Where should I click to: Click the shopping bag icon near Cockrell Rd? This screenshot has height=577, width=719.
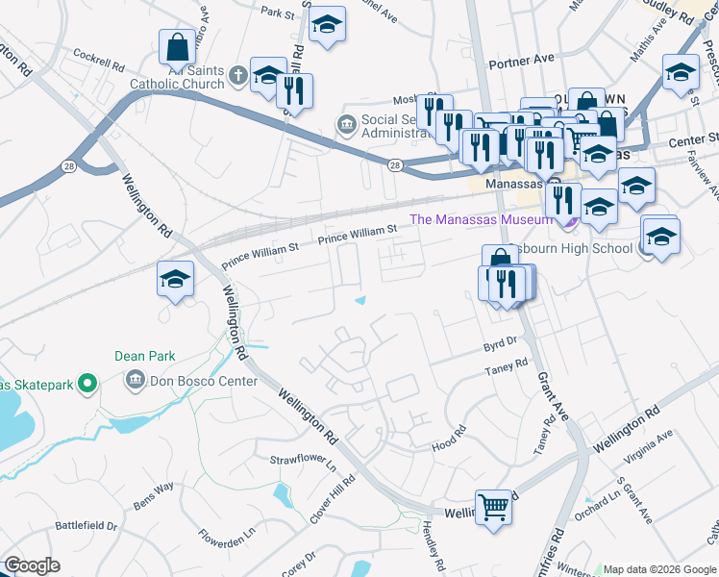[x=178, y=47]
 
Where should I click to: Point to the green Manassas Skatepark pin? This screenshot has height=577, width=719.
[x=87, y=385]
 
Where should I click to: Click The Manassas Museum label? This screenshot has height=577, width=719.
[x=481, y=219]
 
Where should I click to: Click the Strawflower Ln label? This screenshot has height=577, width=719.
[x=302, y=463]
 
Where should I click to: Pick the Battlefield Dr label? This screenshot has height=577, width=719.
[x=86, y=526]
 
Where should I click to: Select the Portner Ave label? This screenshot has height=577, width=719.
[x=522, y=60]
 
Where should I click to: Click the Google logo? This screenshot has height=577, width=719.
[x=32, y=565]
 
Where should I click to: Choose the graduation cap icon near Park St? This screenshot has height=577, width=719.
[x=328, y=26]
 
